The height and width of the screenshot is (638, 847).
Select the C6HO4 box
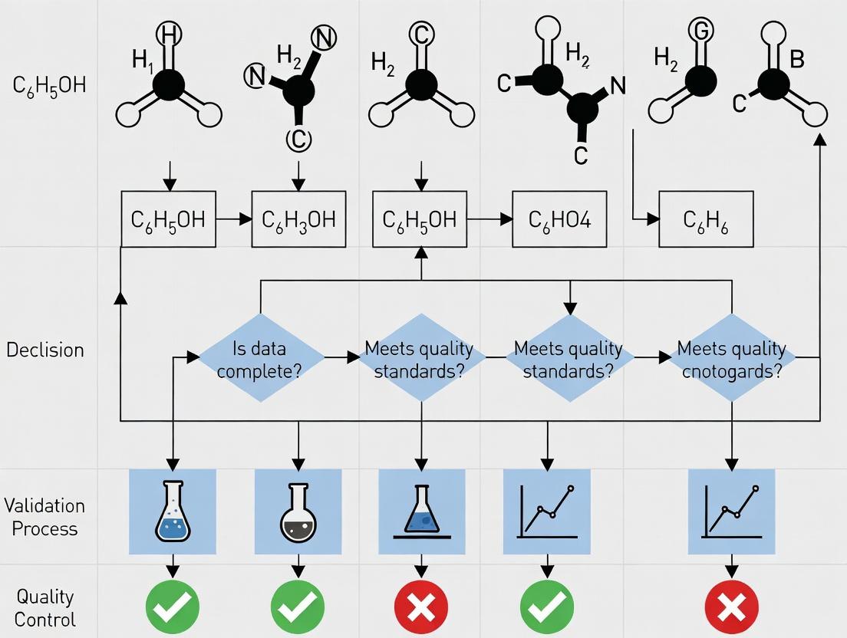[559, 219]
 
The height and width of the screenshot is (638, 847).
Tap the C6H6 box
[706, 219]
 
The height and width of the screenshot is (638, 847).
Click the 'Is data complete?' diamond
[261, 357]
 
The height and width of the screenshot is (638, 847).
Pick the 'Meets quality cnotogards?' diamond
[731, 357]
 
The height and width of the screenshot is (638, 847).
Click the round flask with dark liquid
[298, 512]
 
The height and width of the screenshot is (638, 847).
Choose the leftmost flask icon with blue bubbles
[173, 512]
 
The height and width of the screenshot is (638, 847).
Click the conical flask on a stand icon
[421, 512]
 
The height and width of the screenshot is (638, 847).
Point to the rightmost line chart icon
[731, 512]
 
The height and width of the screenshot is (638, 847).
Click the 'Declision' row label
[44, 350]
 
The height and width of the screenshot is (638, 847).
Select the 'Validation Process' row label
[44, 517]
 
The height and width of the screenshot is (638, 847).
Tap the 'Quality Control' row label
[45, 607]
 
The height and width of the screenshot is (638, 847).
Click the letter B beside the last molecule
[796, 60]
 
